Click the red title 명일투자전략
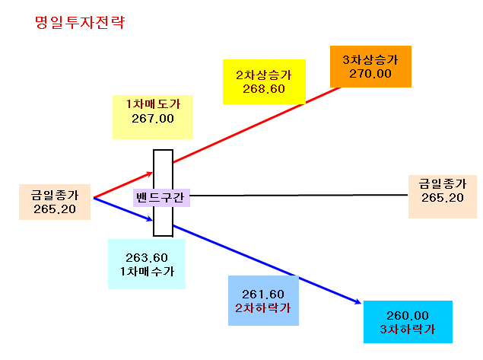(x=80, y=23)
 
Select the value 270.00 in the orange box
(x=370, y=74)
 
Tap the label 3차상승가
(x=370, y=60)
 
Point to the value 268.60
(x=264, y=89)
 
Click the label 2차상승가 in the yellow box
(x=264, y=75)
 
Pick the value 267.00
(x=153, y=119)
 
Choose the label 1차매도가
(x=153, y=104)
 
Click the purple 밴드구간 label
(x=161, y=198)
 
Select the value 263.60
(x=147, y=257)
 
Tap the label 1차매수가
(x=147, y=271)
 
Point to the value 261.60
(x=263, y=294)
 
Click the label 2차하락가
(x=263, y=308)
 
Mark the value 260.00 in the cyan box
(x=408, y=315)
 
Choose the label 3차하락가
(x=408, y=330)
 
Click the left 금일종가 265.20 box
(x=55, y=202)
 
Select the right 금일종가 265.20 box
(x=443, y=196)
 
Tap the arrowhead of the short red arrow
(x=150, y=174)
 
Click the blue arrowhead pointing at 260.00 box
(x=357, y=301)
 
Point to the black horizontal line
(x=299, y=195)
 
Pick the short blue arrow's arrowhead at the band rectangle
(x=150, y=219)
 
